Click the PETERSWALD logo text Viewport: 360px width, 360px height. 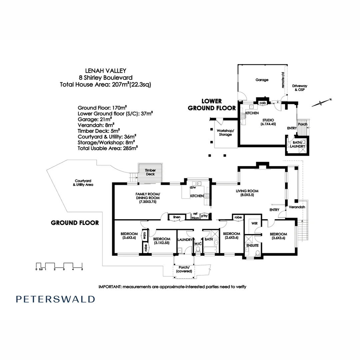pos(55,299)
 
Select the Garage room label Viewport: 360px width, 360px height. pos(262,80)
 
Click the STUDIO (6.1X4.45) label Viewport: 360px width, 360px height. pos(268,122)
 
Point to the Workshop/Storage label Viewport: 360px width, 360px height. pos(225,132)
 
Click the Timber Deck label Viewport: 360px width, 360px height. pos(150,172)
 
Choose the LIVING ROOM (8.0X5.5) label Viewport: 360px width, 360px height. pos(247,193)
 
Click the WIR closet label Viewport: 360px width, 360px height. pos(254,223)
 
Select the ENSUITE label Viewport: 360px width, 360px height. pos(253,245)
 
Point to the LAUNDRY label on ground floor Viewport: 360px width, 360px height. pos(185,240)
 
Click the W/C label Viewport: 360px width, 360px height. pos(198,244)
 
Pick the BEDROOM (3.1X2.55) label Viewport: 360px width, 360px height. pos(162,241)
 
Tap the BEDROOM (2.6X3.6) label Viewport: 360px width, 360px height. pos(231,236)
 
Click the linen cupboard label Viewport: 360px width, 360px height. pos(177,217)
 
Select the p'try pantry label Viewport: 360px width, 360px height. pos(204,216)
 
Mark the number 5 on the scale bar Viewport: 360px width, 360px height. pos(82,269)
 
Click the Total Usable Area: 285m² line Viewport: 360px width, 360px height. pos(107,148)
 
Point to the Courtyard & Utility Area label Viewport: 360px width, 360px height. pos(83,183)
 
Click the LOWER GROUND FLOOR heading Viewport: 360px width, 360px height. pos(212,104)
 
